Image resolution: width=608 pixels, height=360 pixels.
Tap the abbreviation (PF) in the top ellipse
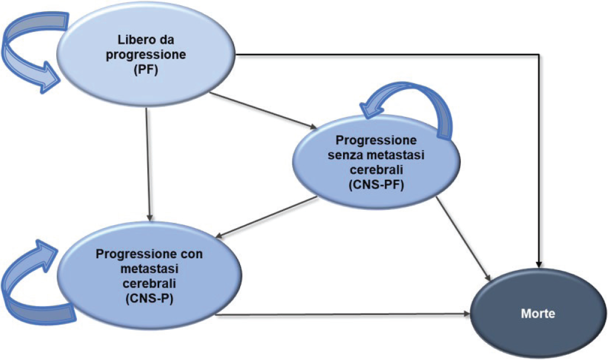coord(151,70)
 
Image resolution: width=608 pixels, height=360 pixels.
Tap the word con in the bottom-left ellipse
coord(191,254)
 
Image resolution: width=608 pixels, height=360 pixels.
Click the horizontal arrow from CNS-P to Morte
coord(343,315)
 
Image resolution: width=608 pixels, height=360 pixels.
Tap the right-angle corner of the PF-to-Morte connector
coord(539,55)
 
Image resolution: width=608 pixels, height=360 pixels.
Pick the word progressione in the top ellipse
coord(151,56)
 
